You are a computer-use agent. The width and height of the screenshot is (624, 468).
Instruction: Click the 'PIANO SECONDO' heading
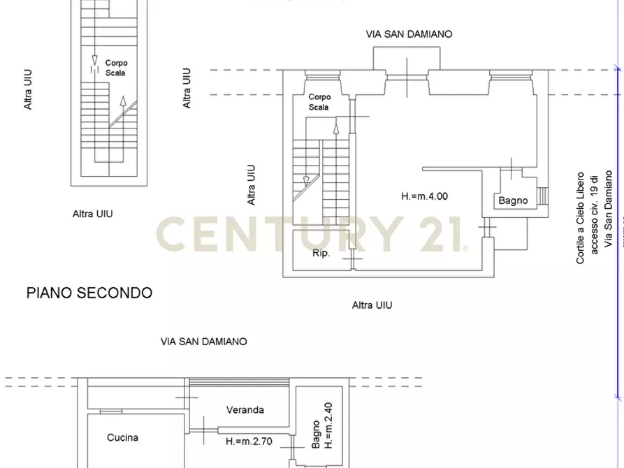pyautogui.click(x=89, y=293)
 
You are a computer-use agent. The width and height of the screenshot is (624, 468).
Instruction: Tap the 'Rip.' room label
pyautogui.click(x=321, y=254)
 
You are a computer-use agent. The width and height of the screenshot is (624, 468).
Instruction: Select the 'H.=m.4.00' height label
pyautogui.click(x=424, y=196)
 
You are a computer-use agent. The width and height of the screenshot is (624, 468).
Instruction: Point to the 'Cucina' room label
pyautogui.click(x=122, y=438)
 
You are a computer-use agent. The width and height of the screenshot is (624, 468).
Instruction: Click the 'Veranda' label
pyautogui.click(x=245, y=410)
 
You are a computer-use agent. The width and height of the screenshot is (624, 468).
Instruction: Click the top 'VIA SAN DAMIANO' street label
pyautogui.click(x=409, y=34)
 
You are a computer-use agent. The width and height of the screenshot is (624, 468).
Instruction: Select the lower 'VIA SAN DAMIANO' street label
pyautogui.click(x=203, y=342)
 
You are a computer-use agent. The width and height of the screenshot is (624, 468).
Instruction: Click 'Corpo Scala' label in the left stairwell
pyautogui.click(x=116, y=68)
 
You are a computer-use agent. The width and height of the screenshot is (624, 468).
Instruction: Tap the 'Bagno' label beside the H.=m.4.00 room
pyautogui.click(x=513, y=201)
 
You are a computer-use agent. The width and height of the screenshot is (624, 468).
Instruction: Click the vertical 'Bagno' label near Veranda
pyautogui.click(x=316, y=434)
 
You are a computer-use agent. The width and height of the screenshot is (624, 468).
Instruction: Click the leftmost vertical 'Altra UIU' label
pyautogui.click(x=29, y=89)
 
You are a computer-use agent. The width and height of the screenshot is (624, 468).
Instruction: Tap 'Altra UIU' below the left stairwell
pyautogui.click(x=93, y=214)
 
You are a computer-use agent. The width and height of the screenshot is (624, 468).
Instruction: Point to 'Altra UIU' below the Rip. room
pyautogui.click(x=372, y=305)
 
